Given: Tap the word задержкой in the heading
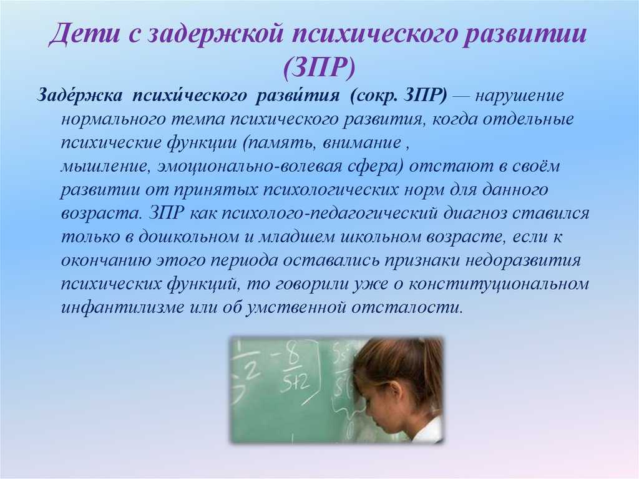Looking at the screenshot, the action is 212,34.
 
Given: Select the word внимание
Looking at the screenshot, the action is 362,143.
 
